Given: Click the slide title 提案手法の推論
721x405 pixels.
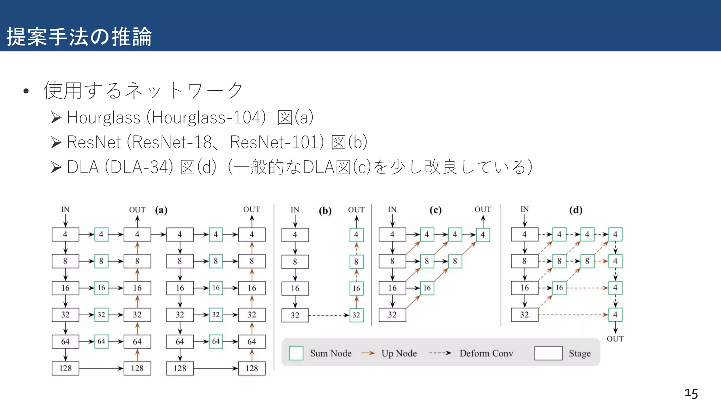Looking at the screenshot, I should (79, 37).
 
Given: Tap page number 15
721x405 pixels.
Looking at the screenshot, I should (691, 393).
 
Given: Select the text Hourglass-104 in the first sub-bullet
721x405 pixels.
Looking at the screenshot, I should (206, 117).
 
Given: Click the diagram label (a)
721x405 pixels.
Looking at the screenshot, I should (161, 210).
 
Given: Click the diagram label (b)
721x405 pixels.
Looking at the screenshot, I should (325, 211).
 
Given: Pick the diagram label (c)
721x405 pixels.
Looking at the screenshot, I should (435, 210).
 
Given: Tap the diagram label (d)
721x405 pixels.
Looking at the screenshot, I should (576, 210).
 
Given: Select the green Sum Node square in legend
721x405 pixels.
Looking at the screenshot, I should (296, 353).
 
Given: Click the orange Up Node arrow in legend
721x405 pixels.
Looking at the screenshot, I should (368, 353).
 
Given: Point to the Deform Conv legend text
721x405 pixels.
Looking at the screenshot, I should (486, 353).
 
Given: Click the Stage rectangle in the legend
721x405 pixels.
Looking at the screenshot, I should (548, 353).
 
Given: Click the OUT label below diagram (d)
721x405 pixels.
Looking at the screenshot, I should (615, 339).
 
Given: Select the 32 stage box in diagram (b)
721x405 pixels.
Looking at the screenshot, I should (295, 315).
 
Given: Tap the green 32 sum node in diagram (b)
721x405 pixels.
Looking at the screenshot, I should (356, 315).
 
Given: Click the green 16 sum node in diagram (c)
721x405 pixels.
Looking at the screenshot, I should (427, 288).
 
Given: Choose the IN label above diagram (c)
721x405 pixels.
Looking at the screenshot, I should (392, 210).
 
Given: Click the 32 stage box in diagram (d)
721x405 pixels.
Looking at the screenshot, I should (525, 315).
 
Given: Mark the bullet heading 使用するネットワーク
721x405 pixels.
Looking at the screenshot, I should (143, 91).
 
